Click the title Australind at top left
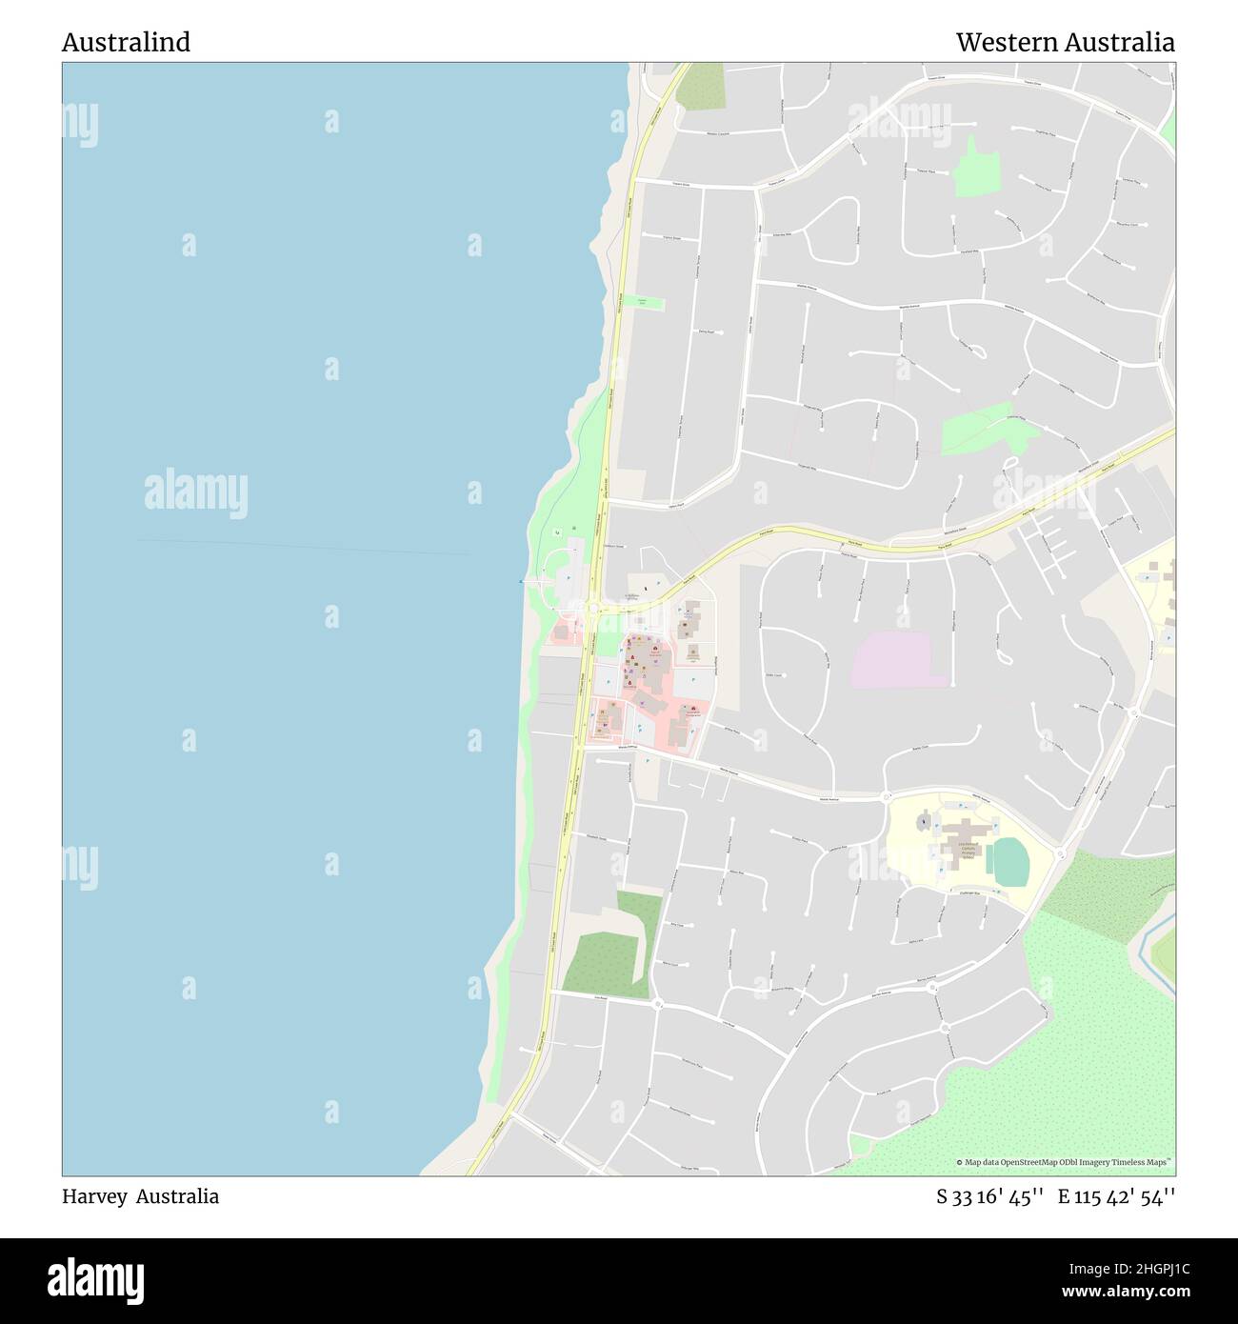tap(126, 43)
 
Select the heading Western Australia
tap(1065, 43)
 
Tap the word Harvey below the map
tap(94, 1196)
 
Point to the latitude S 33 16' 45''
tap(990, 1197)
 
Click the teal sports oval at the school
tap(1008, 860)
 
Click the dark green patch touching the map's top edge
tap(701, 87)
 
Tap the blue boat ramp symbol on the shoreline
tap(520, 581)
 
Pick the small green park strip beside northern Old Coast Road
tap(649, 303)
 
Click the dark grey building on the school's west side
tap(922, 820)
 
